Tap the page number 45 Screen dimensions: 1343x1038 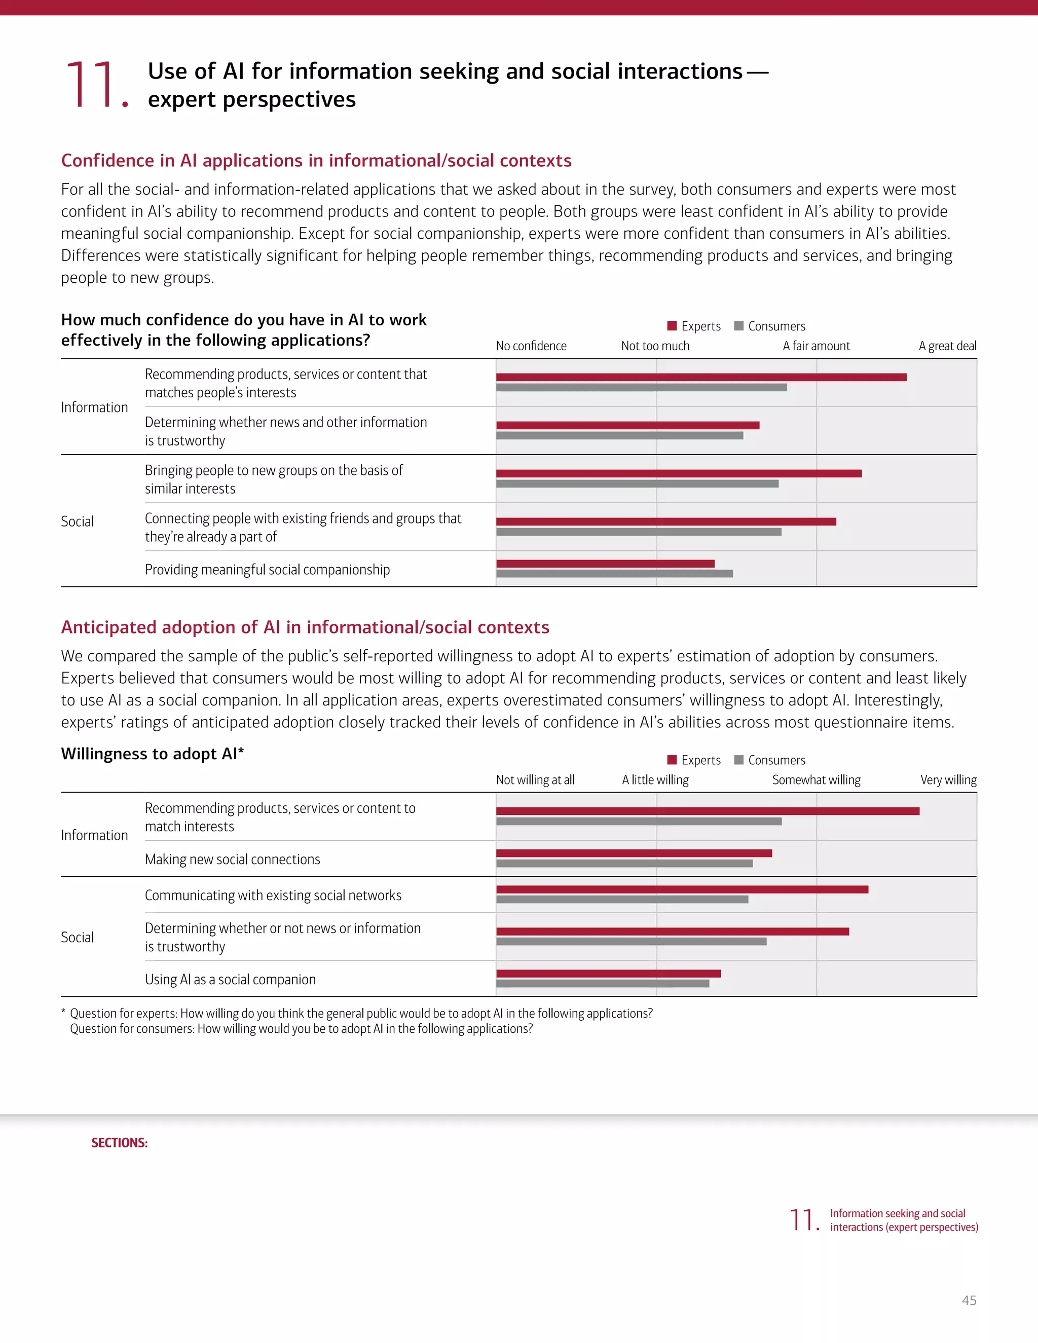[x=969, y=1300]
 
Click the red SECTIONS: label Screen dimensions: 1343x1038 [x=119, y=1142]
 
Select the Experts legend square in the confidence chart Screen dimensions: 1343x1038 [x=672, y=326]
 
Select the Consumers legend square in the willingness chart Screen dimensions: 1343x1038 [x=739, y=760]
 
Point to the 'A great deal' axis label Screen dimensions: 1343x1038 [x=947, y=346]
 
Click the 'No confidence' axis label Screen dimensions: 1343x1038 [x=531, y=346]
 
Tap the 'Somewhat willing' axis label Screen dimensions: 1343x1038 [x=816, y=780]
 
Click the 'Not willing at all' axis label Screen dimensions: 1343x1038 [x=535, y=780]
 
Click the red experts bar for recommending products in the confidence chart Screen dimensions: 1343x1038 [x=701, y=377]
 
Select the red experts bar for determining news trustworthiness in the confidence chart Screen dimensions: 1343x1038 [x=627, y=425]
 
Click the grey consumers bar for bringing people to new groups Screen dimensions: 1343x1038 [x=637, y=484]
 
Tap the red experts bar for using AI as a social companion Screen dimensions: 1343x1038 [x=608, y=974]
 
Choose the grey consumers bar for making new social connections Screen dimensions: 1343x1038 [x=624, y=864]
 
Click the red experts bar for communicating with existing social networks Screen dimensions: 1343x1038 [x=682, y=889]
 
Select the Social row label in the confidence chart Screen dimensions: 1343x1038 [x=78, y=521]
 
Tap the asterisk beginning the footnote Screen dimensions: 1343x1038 [x=63, y=1012]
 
